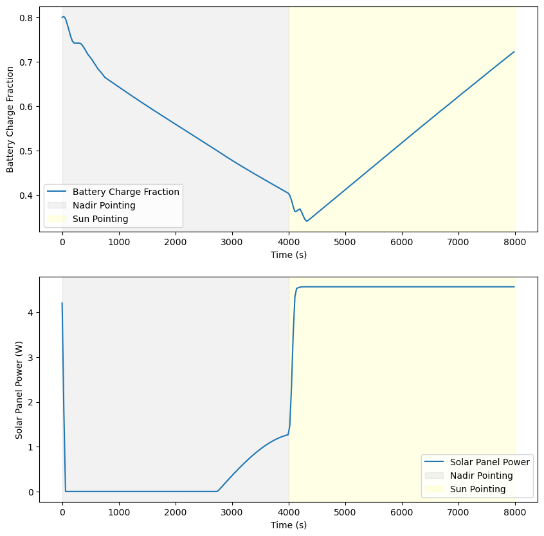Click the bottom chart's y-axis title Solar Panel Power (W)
20,390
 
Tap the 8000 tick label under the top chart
514,243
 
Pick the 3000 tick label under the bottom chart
231,513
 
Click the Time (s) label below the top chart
289,255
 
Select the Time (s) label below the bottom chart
289,525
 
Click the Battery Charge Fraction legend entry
125,191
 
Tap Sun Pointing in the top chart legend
100,219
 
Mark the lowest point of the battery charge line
307,221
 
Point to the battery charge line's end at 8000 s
514,51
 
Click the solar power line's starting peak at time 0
62,303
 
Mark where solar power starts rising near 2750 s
217,491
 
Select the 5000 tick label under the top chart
345,243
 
